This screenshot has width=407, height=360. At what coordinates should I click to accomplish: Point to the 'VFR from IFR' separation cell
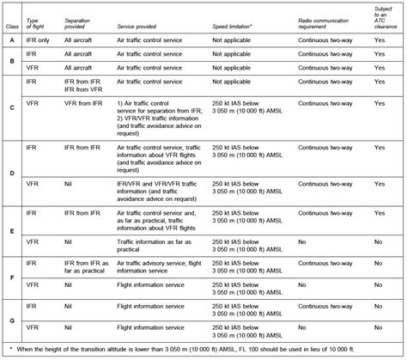tap(83, 104)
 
